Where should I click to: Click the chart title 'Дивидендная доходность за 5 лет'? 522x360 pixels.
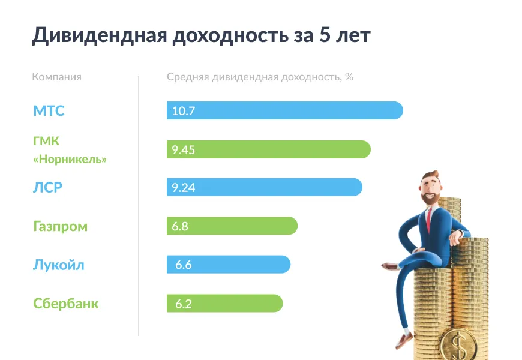tap(201, 35)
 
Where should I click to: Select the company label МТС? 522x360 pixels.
tap(49, 111)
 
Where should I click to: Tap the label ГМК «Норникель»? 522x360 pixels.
tap(70, 150)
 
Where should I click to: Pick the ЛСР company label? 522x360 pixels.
tap(48, 187)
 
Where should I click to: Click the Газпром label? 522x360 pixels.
tap(60, 226)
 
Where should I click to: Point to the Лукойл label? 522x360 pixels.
tap(58, 265)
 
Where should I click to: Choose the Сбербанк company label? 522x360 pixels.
tap(65, 304)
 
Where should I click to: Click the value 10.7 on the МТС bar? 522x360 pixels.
tap(183, 111)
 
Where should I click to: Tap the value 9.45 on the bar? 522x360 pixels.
tap(183, 150)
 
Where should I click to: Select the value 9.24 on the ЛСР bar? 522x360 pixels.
tap(183, 188)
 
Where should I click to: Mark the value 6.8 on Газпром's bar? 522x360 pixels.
tap(180, 226)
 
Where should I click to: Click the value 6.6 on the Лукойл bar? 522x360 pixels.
tap(183, 265)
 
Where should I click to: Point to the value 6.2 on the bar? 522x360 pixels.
tap(183, 304)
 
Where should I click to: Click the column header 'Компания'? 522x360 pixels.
tap(56, 77)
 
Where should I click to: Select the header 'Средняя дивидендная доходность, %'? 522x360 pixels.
tap(260, 77)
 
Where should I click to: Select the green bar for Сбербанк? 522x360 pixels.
tap(240, 304)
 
